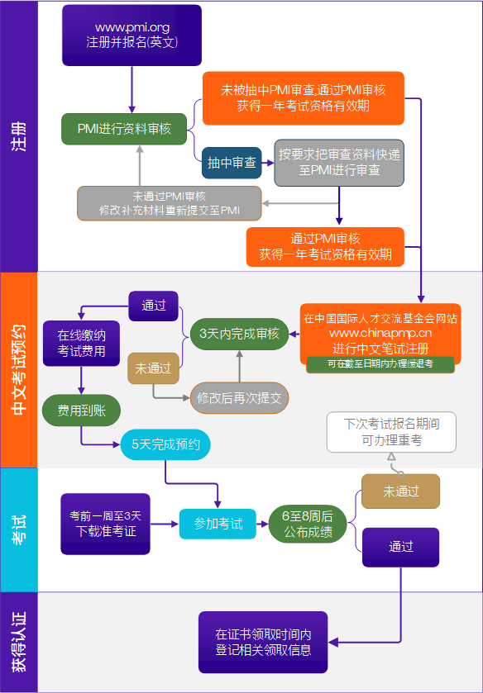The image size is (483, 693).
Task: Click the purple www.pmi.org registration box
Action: pyautogui.click(x=132, y=36)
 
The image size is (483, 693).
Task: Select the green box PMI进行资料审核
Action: pyautogui.click(x=125, y=129)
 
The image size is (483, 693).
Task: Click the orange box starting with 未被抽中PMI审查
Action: pyautogui.click(x=303, y=98)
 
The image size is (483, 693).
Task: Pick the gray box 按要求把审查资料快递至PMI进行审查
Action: pyautogui.click(x=339, y=163)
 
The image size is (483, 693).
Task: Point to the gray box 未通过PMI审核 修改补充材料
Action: pyautogui.click(x=170, y=203)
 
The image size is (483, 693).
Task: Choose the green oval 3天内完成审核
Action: pyautogui.click(x=240, y=335)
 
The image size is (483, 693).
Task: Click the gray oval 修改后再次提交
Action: pyautogui.click(x=240, y=397)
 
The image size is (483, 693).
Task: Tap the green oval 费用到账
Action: pyautogui.click(x=81, y=410)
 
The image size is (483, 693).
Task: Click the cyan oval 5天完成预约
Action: pyautogui.click(x=165, y=445)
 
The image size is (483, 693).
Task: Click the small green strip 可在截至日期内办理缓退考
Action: pyautogui.click(x=380, y=363)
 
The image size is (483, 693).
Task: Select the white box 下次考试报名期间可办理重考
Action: pyautogui.click(x=391, y=432)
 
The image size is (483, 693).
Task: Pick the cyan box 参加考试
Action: pyautogui.click(x=218, y=524)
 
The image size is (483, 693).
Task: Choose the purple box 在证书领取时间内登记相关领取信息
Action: pyautogui.click(x=263, y=642)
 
